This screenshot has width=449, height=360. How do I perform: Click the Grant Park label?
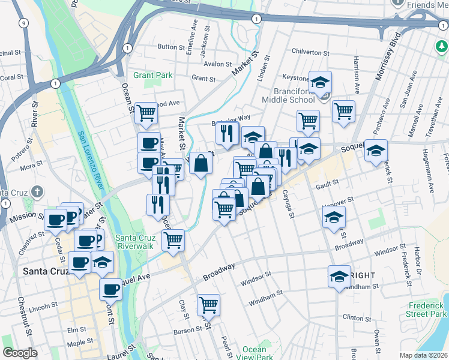point(152,75)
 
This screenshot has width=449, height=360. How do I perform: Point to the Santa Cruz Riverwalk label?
point(136,242)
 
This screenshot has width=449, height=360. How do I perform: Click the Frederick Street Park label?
point(426,310)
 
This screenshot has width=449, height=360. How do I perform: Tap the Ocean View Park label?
point(255,353)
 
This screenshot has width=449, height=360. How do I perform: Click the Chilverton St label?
point(310,52)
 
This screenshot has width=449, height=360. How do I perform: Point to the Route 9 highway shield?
point(23,23)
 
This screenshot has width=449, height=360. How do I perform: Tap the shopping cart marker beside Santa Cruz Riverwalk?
point(173,240)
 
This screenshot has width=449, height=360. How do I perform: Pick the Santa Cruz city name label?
point(47,271)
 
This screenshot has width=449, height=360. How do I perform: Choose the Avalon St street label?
point(217,64)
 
